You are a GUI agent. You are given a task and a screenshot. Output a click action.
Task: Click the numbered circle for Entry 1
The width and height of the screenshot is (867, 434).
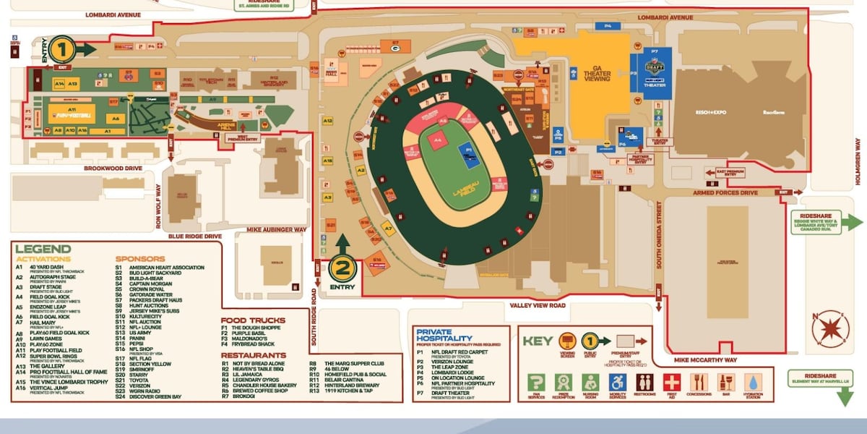point(62,49)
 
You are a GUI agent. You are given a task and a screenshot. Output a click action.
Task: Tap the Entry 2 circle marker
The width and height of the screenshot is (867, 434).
point(342,270)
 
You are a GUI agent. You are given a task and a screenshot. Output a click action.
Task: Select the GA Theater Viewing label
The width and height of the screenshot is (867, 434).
point(596,74)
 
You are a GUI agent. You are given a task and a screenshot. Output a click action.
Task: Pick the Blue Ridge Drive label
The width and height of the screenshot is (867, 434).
point(195,236)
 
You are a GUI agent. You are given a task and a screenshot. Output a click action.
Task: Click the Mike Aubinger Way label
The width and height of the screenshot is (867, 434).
point(277,230)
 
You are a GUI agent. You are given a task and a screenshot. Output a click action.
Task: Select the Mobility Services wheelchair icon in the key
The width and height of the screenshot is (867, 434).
point(616,382)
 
